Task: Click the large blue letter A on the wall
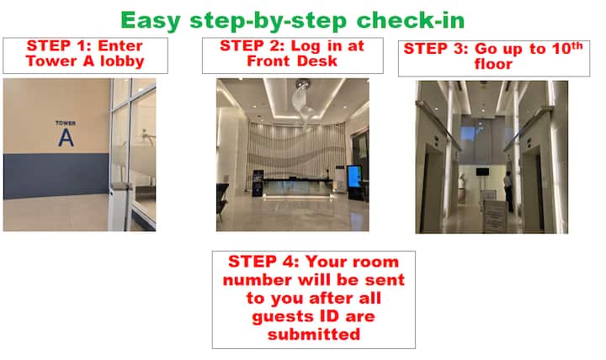(x=66, y=137)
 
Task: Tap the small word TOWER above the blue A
(x=66, y=123)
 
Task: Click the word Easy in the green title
(x=151, y=21)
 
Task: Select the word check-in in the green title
(x=411, y=20)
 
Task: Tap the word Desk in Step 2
(x=317, y=61)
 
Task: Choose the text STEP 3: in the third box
(x=436, y=49)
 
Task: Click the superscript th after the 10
(x=577, y=45)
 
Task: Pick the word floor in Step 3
(x=493, y=64)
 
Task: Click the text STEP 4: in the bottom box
(x=263, y=262)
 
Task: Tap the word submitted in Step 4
(x=314, y=334)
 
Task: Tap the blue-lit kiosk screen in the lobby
(x=354, y=177)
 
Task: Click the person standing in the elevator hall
(x=508, y=191)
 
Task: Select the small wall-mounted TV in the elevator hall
(x=482, y=172)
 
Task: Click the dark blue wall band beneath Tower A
(x=56, y=175)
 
